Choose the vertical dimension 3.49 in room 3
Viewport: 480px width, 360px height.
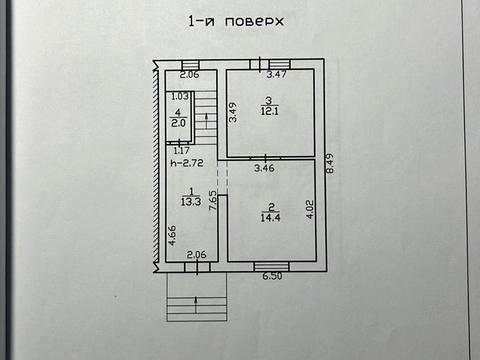click(x=232, y=112)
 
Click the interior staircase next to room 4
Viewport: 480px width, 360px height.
click(x=204, y=115)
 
